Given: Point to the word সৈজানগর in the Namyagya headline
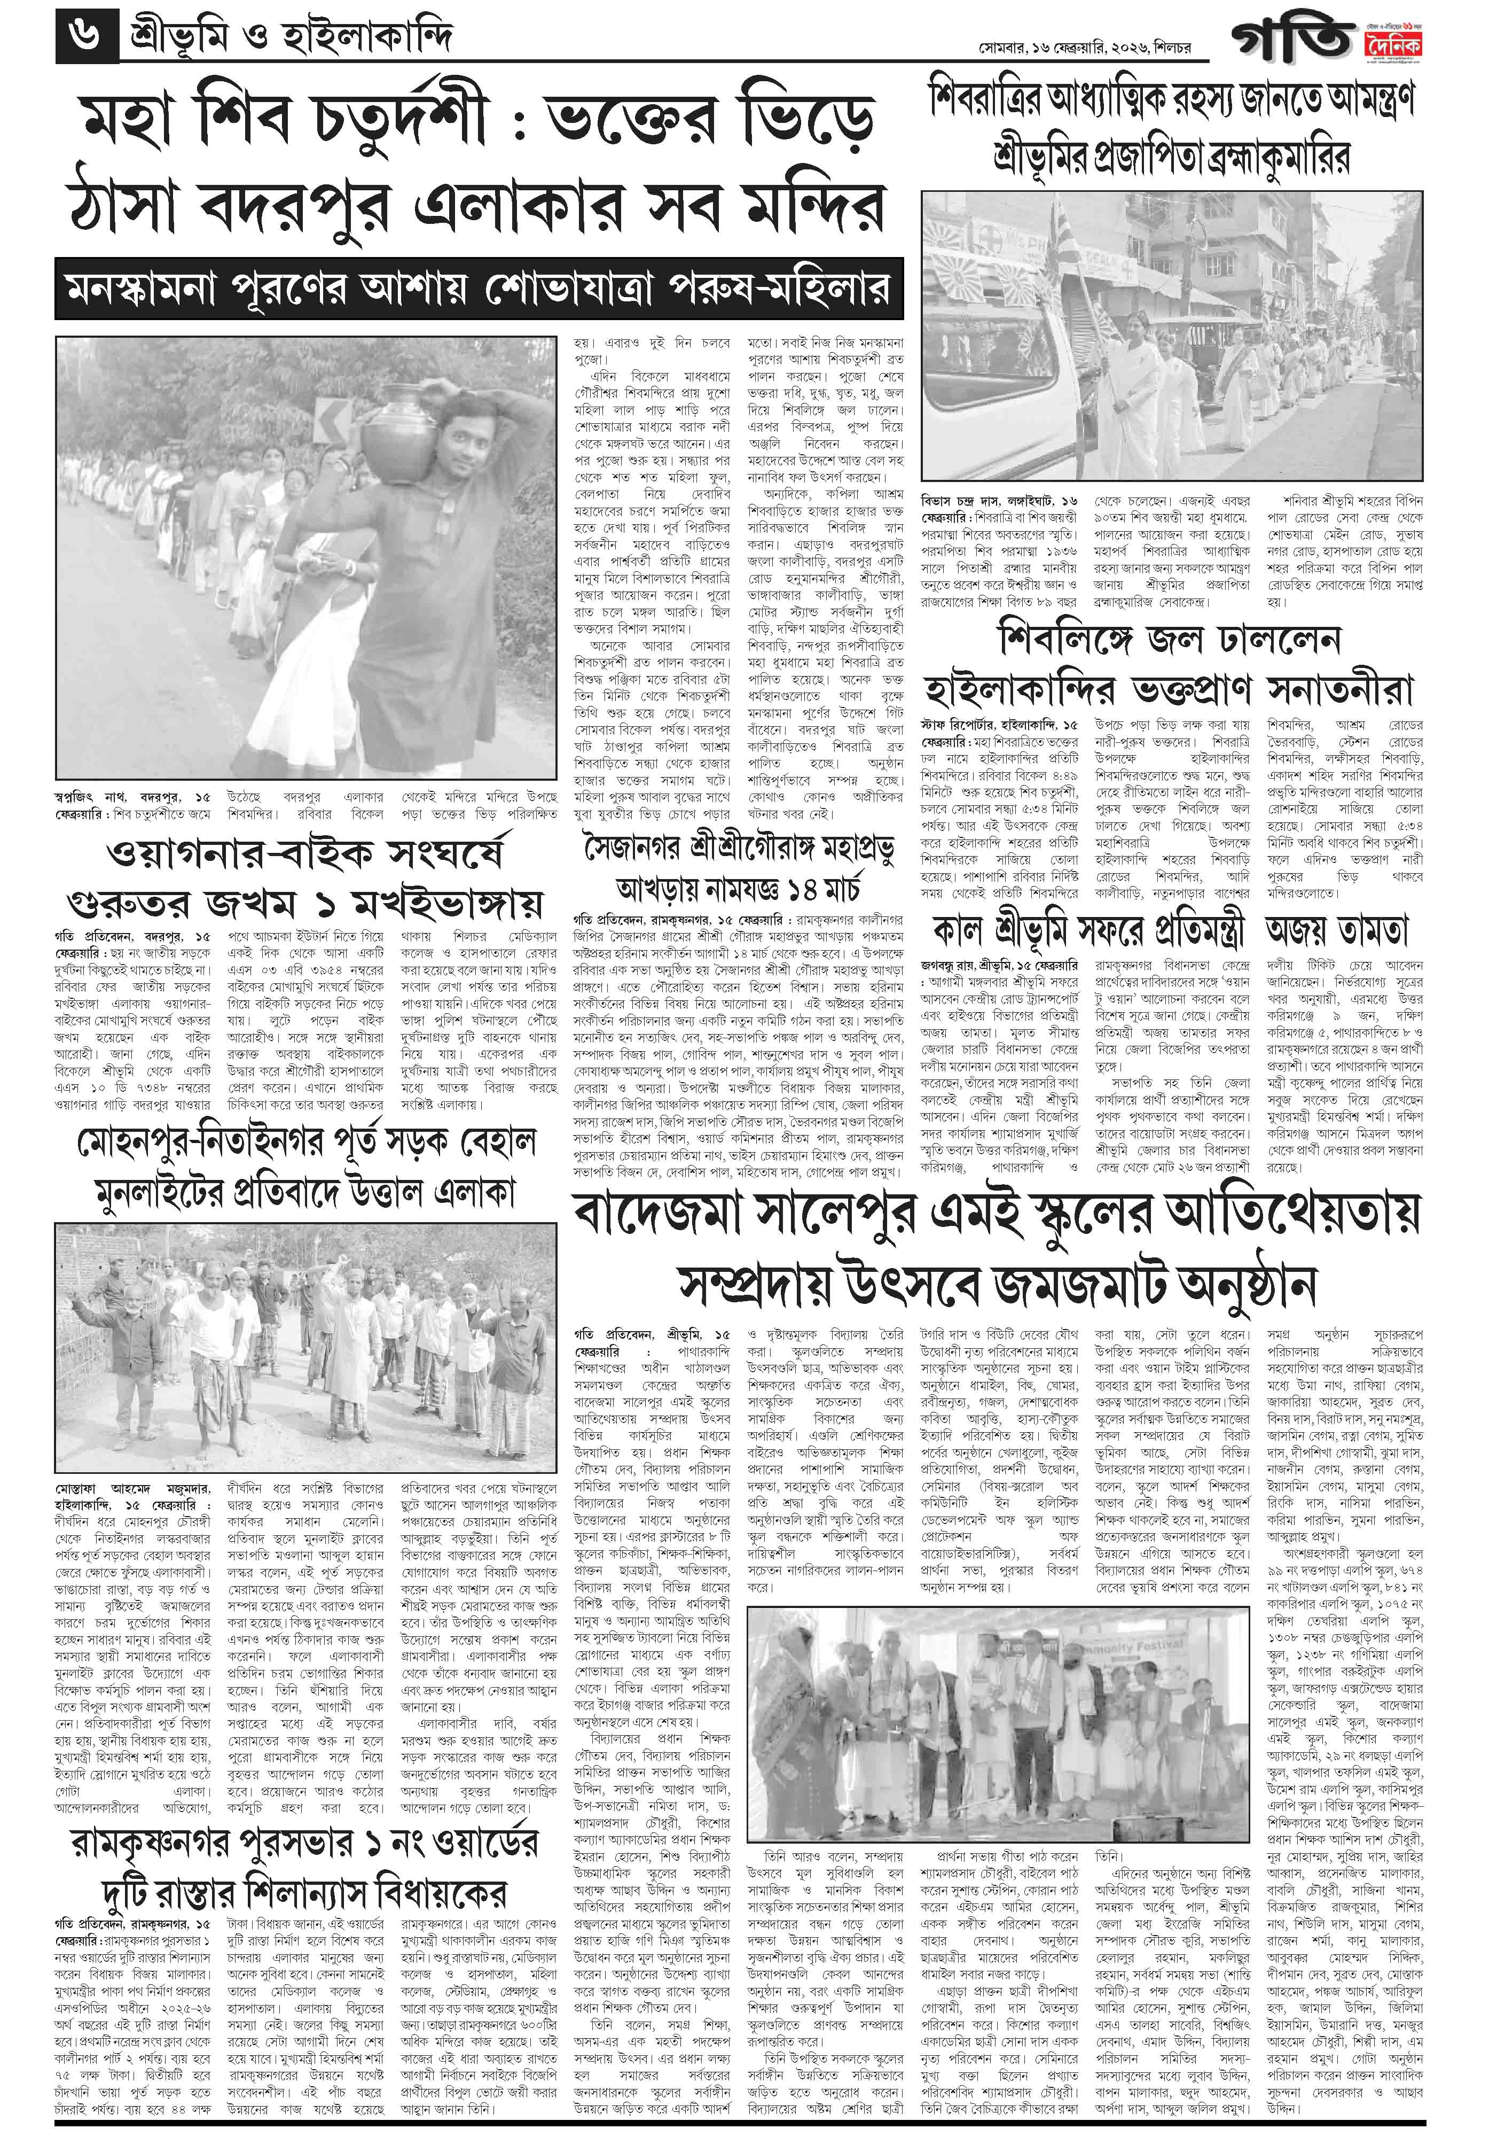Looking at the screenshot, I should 633,849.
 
